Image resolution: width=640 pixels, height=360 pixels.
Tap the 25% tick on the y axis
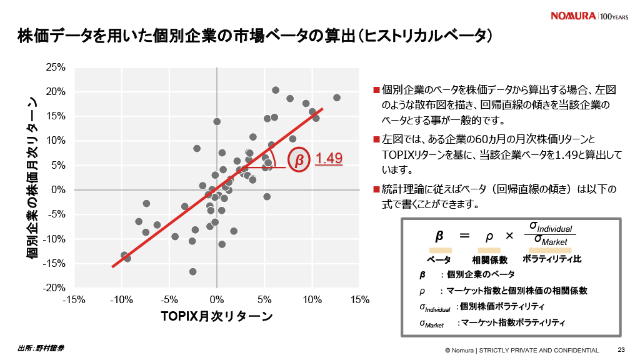click(57, 67)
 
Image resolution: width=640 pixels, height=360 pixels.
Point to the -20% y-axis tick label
click(56, 287)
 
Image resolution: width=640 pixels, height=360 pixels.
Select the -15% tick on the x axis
click(74, 299)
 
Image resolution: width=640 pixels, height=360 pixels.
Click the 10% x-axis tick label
click(312, 299)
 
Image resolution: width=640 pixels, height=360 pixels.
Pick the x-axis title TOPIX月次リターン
click(216, 317)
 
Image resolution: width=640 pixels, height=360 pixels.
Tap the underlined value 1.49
click(329, 159)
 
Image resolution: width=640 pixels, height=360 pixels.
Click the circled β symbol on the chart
click(299, 160)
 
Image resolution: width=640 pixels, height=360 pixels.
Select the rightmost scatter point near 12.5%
click(337, 97)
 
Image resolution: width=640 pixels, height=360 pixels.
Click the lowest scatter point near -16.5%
click(192, 271)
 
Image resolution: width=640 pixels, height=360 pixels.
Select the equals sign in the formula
click(464, 236)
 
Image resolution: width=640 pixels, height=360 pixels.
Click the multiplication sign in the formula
click(509, 236)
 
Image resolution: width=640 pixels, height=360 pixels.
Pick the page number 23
click(621, 350)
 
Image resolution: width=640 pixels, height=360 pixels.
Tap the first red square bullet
click(376, 90)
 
